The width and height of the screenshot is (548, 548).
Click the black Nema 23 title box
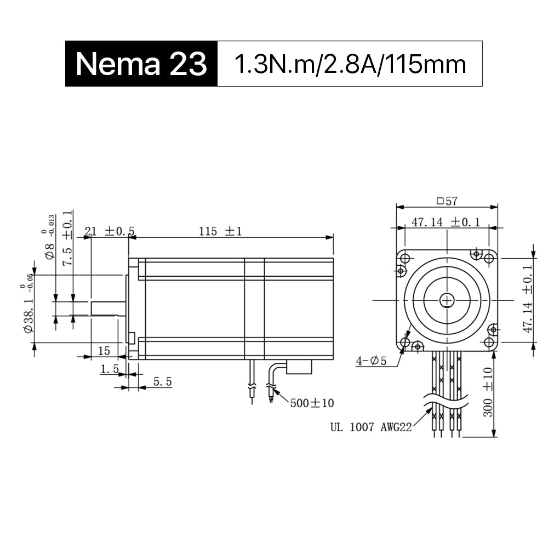coord(141,64)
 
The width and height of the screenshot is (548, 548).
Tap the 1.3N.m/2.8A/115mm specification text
coord(350,64)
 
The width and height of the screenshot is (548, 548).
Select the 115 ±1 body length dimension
coord(220,231)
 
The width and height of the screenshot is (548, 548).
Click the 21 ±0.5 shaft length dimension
coord(110,231)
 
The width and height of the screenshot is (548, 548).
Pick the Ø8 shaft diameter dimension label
coord(49,237)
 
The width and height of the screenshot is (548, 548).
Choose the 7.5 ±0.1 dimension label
coord(68,238)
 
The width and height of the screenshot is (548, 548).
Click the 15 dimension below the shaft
coord(104,351)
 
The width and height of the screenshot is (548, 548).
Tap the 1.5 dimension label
coord(110,369)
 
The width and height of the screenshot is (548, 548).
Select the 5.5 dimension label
coord(163,381)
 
